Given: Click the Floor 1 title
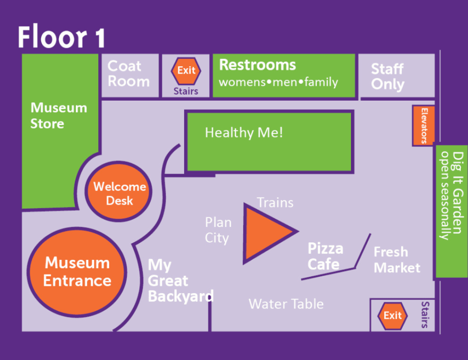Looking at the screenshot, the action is [62, 37].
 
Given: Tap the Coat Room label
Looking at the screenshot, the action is [128, 74].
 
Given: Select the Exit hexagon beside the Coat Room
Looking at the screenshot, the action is [186, 71].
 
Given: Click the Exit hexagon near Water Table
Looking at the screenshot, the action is [393, 316].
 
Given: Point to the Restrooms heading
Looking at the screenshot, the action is [257, 65].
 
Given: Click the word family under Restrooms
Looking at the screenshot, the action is [321, 82].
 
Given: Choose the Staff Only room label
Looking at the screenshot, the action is [388, 76].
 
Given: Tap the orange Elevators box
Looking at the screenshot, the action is [423, 125].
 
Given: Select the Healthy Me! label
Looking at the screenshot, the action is [244, 132].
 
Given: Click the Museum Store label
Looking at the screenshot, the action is [59, 116].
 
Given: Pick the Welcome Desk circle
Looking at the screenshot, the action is [118, 192].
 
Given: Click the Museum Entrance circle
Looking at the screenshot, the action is [77, 272].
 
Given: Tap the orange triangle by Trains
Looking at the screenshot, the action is [266, 233].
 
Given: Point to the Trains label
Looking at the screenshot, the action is [275, 203].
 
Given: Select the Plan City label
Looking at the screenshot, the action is [218, 231].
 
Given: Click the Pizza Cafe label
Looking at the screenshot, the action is [325, 256].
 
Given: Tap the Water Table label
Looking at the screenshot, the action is [286, 304].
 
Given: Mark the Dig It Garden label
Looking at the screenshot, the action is [452, 196].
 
